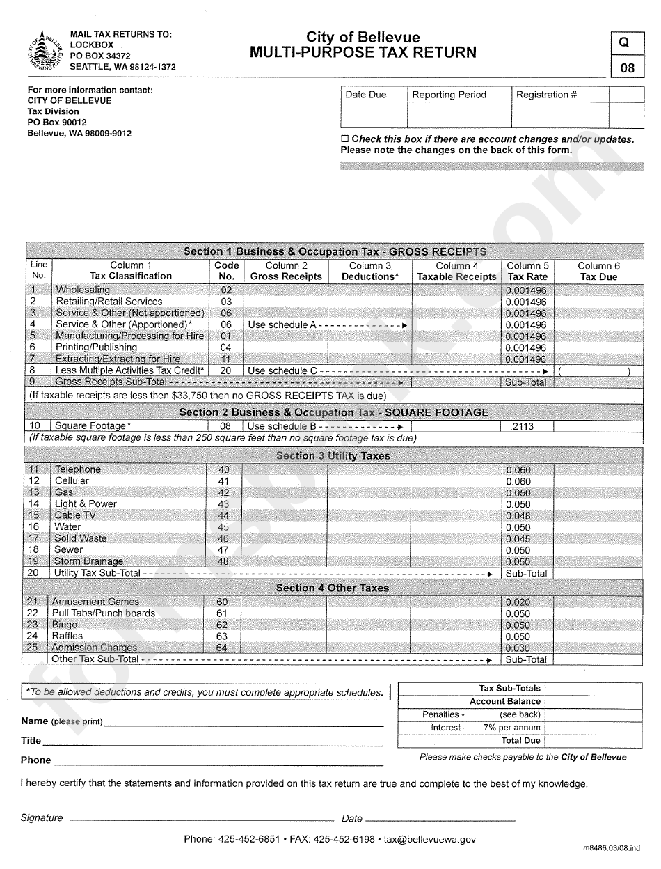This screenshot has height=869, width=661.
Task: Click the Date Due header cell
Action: pos(365,95)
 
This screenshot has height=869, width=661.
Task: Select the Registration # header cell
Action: pos(546,95)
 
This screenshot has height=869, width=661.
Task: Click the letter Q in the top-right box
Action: pos(623,42)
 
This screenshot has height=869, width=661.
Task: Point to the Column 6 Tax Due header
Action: pos(598,271)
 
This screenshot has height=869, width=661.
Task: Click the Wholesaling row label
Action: pos(83,290)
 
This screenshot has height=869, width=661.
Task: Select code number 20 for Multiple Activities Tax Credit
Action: pos(225,370)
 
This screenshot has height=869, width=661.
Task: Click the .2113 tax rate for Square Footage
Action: pos(522,426)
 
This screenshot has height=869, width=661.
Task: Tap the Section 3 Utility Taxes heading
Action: pos(333,456)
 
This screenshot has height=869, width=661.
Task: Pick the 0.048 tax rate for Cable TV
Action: pos(518,516)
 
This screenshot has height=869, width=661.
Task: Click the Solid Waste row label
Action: pos(81,538)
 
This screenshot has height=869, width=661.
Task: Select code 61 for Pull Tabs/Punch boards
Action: pos(222,613)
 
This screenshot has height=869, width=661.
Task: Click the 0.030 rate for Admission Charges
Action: pos(518,648)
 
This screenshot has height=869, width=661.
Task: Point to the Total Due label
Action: pos(520,741)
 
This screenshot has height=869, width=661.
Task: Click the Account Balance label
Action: pos(504,701)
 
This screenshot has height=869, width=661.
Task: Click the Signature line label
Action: pos(42,818)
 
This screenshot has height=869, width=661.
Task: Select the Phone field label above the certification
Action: pos(35,760)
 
